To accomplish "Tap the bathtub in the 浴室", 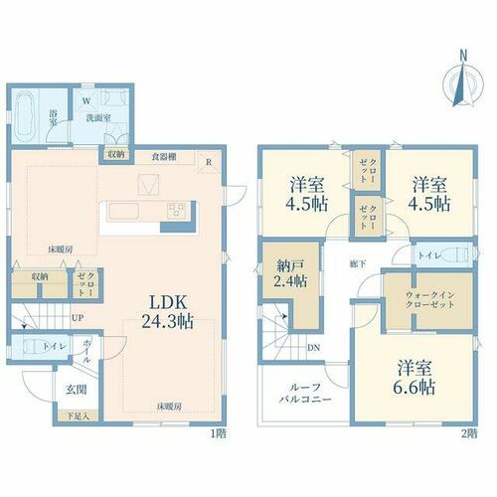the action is (26, 115).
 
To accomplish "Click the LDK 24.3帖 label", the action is (168, 311).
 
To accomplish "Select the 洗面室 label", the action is (98, 118).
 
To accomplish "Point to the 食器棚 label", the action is (164, 157).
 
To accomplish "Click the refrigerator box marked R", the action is (209, 162).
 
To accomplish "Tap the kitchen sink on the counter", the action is (123, 211).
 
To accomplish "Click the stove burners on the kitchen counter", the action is (176, 211).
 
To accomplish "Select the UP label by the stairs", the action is (78, 318).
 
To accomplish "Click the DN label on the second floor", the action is (313, 348).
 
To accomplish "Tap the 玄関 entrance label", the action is (77, 390).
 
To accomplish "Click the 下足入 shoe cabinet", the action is (79, 416).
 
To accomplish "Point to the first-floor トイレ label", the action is (55, 347).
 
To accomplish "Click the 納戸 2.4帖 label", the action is (290, 273).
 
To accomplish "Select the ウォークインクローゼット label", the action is (429, 299).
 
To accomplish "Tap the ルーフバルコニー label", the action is (305, 393).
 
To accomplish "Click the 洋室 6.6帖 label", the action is (414, 377).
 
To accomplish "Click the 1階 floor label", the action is (219, 433).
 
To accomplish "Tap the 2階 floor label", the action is (469, 433).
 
